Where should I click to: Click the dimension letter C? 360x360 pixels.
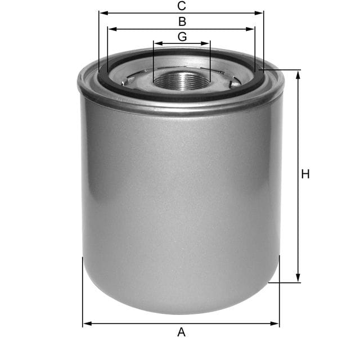point(181,6)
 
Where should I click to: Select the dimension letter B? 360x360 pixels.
point(182,22)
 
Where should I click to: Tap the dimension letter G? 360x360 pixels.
point(182,37)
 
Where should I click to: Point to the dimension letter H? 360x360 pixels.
point(305,174)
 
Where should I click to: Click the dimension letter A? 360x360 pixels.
point(181,332)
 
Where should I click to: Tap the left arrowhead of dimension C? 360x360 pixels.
point(102,13)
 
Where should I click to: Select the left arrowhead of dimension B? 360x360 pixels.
point(110,29)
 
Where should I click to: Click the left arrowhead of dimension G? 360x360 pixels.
point(157,43)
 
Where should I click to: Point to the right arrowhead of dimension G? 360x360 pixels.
point(207,43)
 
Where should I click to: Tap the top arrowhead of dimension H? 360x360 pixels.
point(298,74)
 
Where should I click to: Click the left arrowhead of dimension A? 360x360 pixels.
point(86,324)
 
